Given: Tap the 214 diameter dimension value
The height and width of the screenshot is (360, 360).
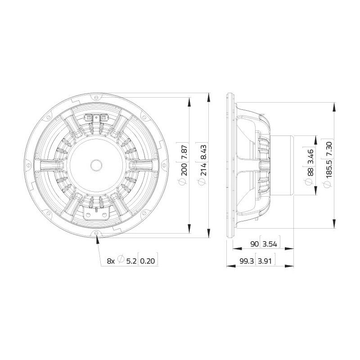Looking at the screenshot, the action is (x=203, y=169).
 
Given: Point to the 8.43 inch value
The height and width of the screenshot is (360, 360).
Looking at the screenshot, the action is (x=203, y=151).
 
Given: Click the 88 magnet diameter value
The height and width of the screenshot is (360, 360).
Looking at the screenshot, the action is (x=310, y=172).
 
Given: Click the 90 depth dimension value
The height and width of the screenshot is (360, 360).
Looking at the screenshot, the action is (x=254, y=244).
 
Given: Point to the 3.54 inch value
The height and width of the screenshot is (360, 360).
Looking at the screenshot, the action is (x=270, y=244).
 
